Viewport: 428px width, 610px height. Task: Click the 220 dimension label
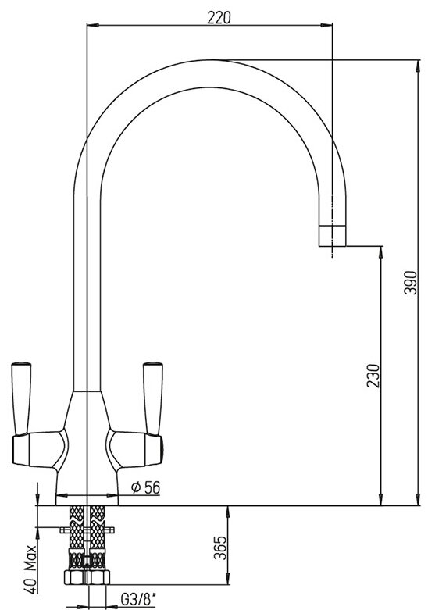click(219, 17)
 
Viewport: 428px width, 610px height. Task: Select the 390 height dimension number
click(410, 283)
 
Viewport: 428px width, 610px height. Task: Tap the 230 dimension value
click(373, 376)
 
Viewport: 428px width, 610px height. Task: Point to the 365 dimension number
click(219, 548)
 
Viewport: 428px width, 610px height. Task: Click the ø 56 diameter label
click(145, 487)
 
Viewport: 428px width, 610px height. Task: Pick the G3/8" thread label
click(138, 600)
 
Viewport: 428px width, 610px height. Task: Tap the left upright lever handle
click(21, 398)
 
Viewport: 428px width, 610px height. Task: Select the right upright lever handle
click(153, 398)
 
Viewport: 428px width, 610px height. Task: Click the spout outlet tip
click(332, 236)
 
